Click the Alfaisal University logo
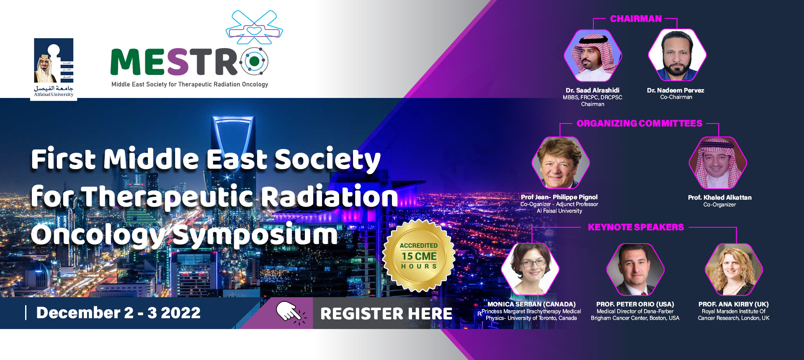point(54,68)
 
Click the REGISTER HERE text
point(386,314)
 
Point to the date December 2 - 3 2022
point(119,313)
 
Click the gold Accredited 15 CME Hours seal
point(419,256)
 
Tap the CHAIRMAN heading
point(636,19)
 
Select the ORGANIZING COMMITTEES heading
point(639,123)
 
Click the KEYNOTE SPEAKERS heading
point(636,227)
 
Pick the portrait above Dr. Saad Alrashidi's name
point(593,55)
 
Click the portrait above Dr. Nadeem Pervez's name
point(677,55)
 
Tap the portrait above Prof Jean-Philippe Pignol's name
point(561,162)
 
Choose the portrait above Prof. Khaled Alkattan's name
point(718,163)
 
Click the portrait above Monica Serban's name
point(530,269)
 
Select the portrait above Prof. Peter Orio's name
point(636,270)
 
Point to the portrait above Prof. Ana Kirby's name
point(734,270)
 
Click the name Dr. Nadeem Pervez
point(675,90)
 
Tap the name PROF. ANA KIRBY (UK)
point(734,304)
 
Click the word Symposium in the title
point(255,235)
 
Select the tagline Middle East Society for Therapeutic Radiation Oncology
point(190,85)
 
